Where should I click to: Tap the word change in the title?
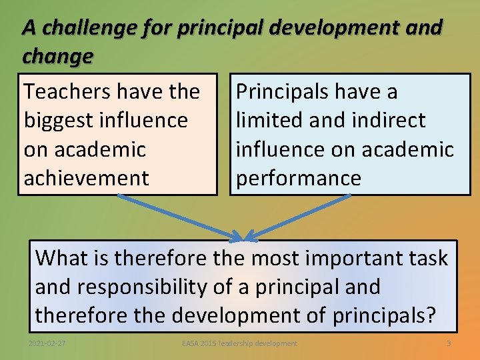click(x=57, y=57)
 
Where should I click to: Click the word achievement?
click(x=86, y=178)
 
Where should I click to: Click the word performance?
click(x=299, y=179)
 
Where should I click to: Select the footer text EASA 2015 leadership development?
click(x=239, y=343)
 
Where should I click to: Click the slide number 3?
click(x=449, y=343)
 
